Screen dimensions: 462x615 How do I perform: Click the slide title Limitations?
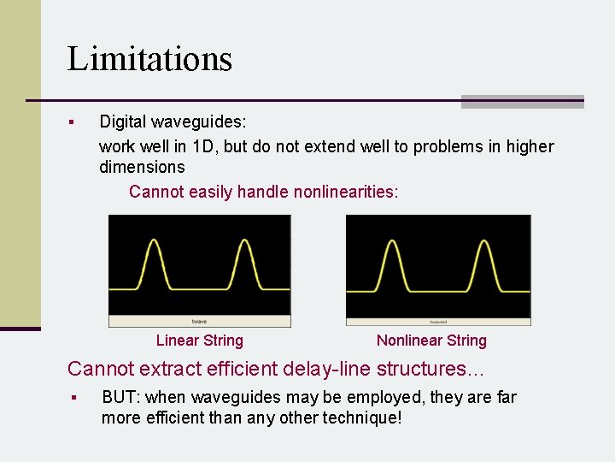click(x=149, y=59)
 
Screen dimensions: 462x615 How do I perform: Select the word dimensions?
click(x=142, y=167)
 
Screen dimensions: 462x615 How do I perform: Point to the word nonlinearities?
click(x=345, y=192)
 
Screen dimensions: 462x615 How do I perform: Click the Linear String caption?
click(x=200, y=341)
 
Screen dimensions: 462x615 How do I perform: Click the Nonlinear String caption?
click(x=431, y=341)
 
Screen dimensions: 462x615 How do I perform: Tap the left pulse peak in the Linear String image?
click(x=154, y=243)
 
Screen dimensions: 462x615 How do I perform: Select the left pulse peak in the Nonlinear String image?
click(x=392, y=243)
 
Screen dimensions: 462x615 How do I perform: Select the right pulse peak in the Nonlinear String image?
click(x=484, y=243)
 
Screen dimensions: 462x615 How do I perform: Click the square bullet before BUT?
click(x=74, y=398)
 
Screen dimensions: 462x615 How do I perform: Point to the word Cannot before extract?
click(x=102, y=369)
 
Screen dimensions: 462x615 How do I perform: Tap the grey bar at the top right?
click(x=522, y=101)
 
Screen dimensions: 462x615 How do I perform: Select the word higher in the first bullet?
click(x=529, y=146)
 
